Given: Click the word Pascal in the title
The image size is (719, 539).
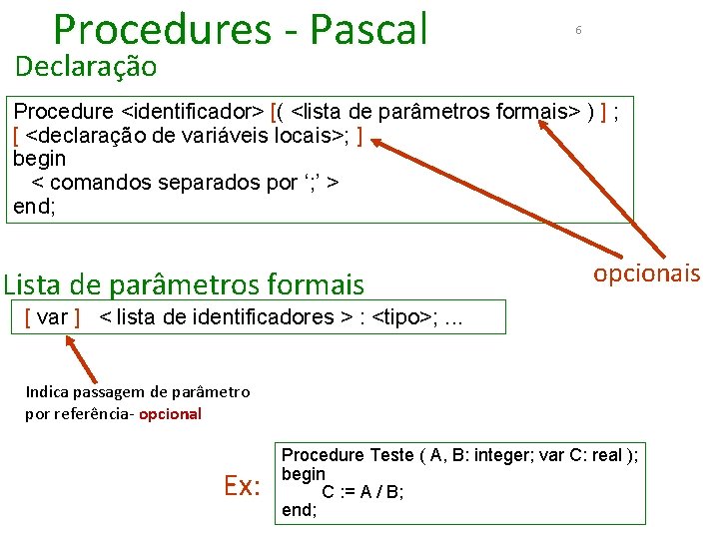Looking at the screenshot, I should [368, 30].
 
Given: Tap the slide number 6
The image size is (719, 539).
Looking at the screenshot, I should [577, 31].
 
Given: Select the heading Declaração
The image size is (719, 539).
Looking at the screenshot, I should [86, 67].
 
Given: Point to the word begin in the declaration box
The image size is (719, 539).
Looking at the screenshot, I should [39, 159].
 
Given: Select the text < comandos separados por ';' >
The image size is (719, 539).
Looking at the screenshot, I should [186, 183].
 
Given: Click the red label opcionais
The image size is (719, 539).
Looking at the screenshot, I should [647, 273].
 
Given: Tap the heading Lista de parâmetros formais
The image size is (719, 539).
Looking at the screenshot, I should [184, 285].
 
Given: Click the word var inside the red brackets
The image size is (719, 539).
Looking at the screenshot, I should [52, 317].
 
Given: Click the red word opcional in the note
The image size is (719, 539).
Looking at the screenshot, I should [170, 413].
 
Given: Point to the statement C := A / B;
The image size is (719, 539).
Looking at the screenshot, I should [362, 491].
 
